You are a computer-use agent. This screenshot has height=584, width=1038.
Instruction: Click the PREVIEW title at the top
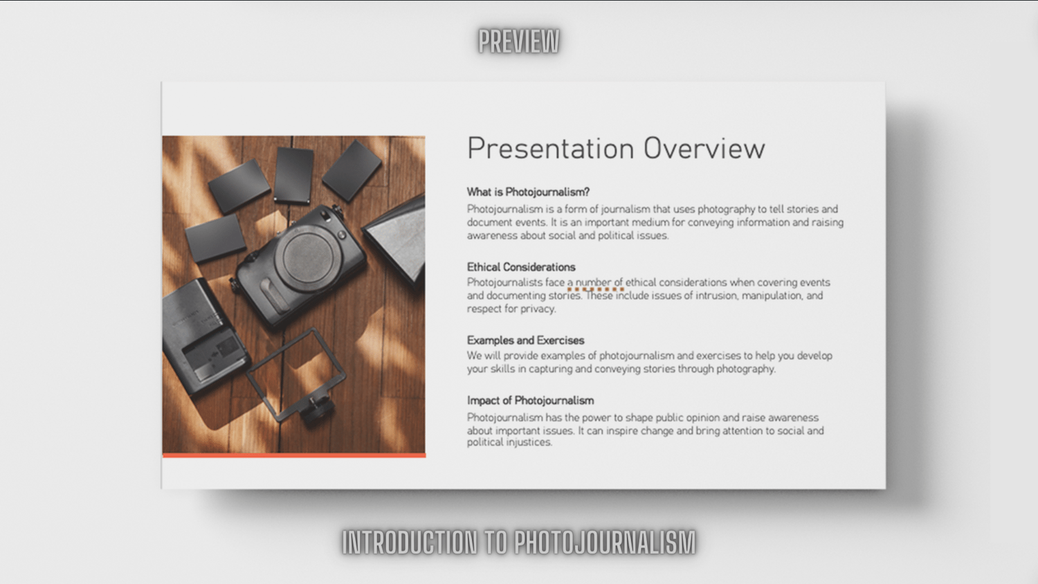point(519,42)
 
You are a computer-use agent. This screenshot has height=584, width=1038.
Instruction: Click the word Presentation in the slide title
point(551,149)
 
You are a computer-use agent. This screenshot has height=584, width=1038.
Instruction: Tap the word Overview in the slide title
point(704,149)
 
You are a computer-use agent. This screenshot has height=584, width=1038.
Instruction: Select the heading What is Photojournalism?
point(528,192)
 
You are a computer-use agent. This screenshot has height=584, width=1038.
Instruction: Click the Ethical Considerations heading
point(521,267)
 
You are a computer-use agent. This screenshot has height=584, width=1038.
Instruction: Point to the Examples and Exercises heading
point(525,340)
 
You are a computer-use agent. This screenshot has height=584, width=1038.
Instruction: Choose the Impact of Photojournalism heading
point(531,401)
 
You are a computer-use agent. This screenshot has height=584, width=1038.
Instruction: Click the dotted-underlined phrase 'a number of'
point(595,283)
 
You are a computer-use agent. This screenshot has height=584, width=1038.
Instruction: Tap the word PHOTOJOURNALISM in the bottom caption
point(605,542)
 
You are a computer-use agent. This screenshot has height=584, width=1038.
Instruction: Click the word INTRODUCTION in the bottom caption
point(410,542)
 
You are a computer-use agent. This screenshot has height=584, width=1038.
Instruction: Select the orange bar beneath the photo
point(294,455)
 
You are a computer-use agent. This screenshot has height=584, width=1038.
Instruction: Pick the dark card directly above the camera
point(293,175)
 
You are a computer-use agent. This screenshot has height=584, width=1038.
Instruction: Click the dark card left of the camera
point(215,238)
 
